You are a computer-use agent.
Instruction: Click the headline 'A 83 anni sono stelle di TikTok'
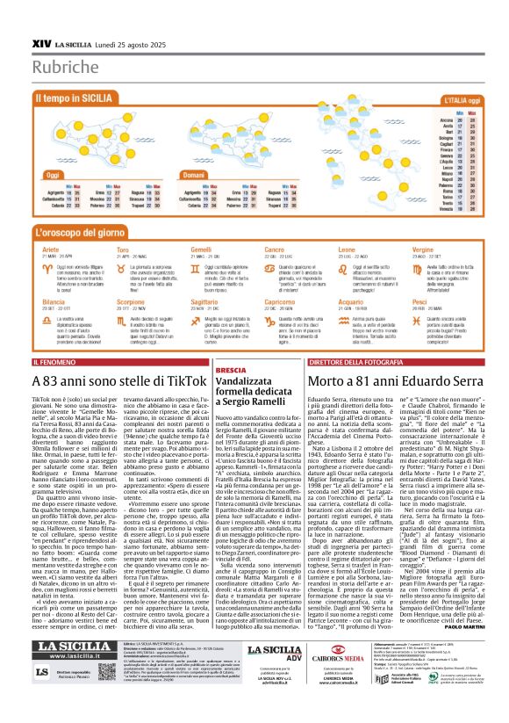118,382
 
